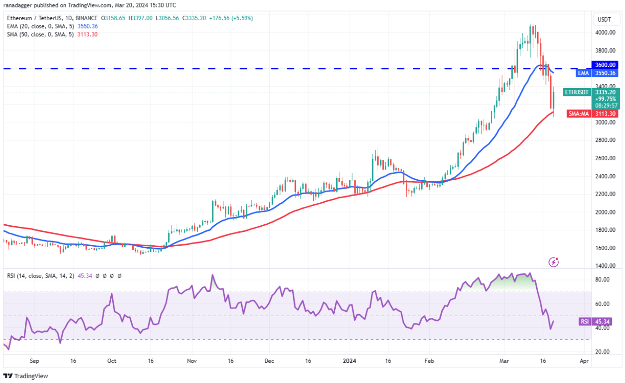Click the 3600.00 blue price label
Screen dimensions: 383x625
606,65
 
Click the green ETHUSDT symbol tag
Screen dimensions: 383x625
576,92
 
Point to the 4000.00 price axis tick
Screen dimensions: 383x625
604,32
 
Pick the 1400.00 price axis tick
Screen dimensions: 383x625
604,265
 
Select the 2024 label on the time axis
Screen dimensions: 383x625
349,361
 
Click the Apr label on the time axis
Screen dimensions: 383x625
583,361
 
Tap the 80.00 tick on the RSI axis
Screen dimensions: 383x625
603,280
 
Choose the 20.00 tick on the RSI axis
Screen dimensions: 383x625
603,352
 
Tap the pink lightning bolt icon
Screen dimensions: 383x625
553,262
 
